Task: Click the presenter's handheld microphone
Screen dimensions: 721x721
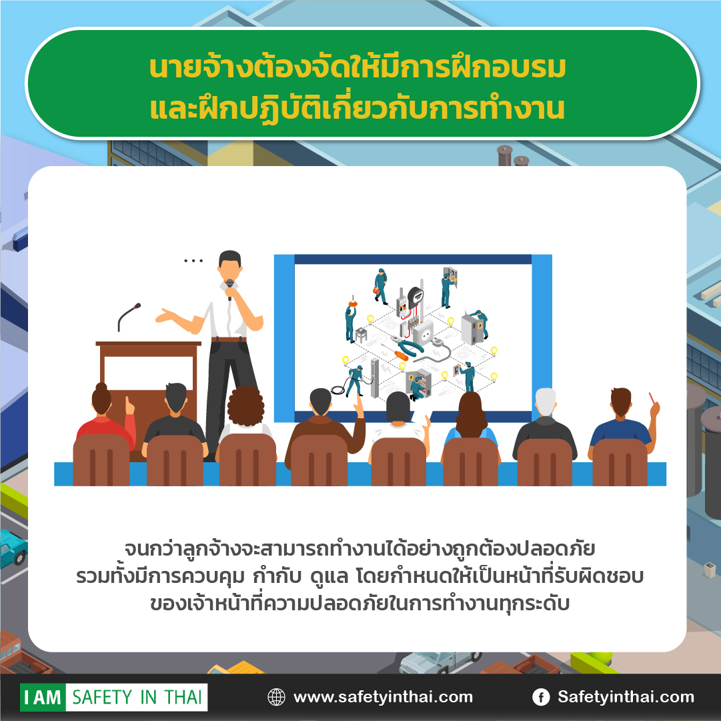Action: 229,288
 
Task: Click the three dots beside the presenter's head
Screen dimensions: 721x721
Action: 193,261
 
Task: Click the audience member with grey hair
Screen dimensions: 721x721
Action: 545,423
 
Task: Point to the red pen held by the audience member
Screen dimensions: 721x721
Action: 652,398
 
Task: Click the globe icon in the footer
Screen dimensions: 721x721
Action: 276,697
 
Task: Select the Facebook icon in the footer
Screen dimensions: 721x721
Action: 541,697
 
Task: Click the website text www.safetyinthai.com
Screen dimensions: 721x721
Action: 383,697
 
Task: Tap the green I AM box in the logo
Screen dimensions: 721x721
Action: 43,697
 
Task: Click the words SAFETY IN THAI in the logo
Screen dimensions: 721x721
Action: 137,697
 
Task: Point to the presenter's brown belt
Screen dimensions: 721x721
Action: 229,339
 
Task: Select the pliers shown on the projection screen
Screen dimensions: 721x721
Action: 405,345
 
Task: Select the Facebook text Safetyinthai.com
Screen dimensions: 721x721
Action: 626,697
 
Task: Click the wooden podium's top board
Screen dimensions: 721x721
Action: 148,343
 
